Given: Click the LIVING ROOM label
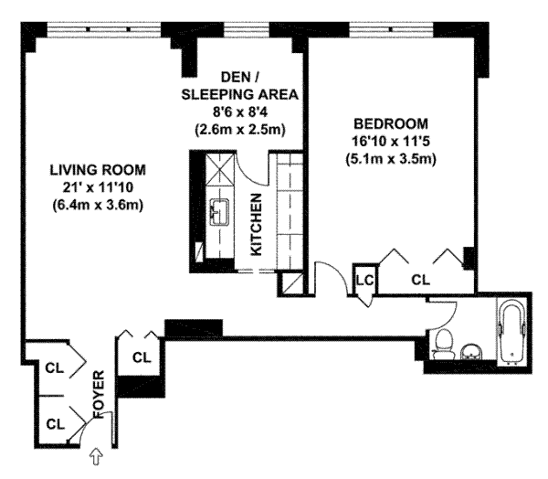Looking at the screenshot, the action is coord(98,170).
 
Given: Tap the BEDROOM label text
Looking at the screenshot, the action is coord(391,123).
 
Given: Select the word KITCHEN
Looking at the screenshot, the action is coord(257,224).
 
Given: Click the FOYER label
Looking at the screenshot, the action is coord(99,394).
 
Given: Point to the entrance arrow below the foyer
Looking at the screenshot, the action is coord(96,457).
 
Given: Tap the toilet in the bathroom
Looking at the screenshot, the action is coord(444,344).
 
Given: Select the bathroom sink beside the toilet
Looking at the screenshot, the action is coord(471,352).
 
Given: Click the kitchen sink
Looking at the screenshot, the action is coord(219,212).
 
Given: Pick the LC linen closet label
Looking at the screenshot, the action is coord(365,280).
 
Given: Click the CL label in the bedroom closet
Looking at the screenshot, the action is coord(420,280).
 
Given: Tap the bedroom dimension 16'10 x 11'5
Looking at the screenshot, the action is coord(391,142).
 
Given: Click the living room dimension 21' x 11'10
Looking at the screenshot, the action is coord(98,187).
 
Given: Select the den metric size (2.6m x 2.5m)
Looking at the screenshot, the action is coord(239,130).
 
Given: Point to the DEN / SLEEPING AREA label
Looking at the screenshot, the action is coord(239,86).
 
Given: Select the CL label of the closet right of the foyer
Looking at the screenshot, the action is coord(142,357).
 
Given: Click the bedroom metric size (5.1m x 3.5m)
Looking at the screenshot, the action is coord(391,160).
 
